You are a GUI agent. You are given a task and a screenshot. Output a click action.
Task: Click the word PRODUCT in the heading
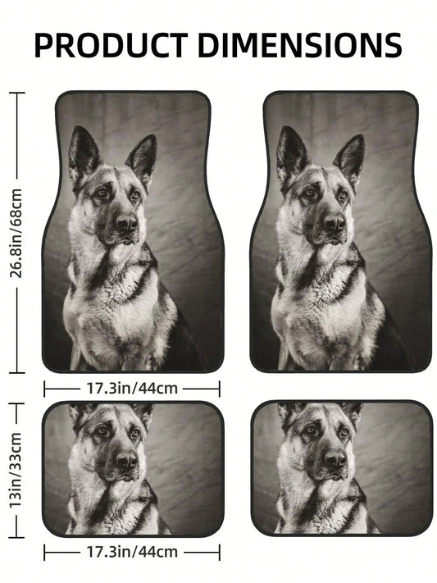(112, 45)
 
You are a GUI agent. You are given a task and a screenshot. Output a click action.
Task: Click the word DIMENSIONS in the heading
(300, 45)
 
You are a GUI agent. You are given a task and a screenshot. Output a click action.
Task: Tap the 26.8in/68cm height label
(16, 233)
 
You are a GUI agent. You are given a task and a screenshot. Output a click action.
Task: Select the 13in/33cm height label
(16, 470)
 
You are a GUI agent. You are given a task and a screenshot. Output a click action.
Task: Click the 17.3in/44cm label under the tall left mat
(132, 389)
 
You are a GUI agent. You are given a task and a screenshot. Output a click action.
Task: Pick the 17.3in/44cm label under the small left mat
(132, 552)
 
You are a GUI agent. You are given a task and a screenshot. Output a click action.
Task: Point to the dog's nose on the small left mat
(126, 459)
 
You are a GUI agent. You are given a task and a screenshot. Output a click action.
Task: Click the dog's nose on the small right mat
(335, 459)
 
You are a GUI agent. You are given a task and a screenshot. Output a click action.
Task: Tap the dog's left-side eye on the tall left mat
(102, 192)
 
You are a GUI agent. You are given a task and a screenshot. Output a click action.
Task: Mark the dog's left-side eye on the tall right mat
(309, 192)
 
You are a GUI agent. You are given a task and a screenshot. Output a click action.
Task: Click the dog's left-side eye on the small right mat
(311, 430)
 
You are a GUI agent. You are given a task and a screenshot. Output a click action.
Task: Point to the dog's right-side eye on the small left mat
(134, 433)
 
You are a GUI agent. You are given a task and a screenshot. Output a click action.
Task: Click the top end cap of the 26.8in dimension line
(16, 93)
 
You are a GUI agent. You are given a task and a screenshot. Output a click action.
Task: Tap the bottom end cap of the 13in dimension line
(16, 537)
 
